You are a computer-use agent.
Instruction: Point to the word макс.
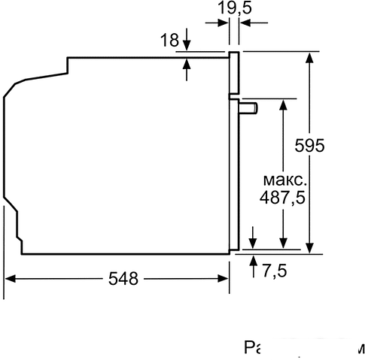tap(284, 180)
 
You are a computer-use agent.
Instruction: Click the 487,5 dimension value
tap(283, 198)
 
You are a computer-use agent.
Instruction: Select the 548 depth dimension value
tap(122, 279)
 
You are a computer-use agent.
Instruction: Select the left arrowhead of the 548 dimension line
tap(11, 279)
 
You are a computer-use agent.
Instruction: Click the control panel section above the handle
tap(234, 75)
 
